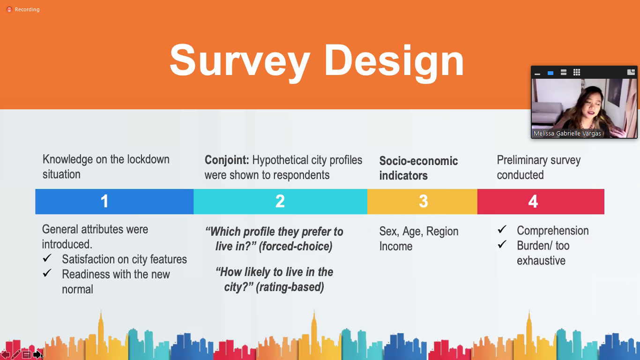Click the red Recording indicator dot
coord(9,9)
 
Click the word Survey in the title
coord(240,61)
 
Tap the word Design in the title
coord(394,61)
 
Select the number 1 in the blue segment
coord(104,201)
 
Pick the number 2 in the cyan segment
coord(280,201)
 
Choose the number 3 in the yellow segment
coord(424,201)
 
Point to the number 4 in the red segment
coord(533,201)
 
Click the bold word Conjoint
coord(227,160)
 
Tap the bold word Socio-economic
coord(418,161)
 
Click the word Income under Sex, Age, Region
coord(396,246)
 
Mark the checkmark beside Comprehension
coord(502,229)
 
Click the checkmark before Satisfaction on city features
coord(47,258)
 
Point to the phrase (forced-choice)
coord(296,247)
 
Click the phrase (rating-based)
coord(290,287)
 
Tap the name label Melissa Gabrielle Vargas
coord(567,133)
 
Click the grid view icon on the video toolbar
coord(577,72)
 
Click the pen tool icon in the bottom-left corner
coord(16,354)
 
